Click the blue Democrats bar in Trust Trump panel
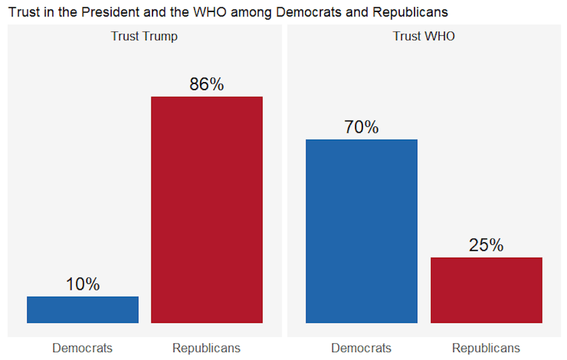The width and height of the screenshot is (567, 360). pyautogui.click(x=83, y=310)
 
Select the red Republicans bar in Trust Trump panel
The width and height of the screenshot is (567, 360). pyautogui.click(x=206, y=210)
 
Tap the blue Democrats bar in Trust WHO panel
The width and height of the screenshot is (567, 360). pyautogui.click(x=361, y=231)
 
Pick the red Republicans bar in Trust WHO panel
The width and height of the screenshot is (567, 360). pyautogui.click(x=486, y=290)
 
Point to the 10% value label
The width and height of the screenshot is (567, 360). pyautogui.click(x=83, y=284)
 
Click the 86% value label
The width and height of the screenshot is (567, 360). pyautogui.click(x=206, y=84)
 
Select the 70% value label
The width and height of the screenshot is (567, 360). pyautogui.click(x=361, y=128)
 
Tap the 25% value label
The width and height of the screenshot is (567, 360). pyautogui.click(x=486, y=245)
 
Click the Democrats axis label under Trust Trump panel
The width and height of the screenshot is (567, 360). pyautogui.click(x=83, y=348)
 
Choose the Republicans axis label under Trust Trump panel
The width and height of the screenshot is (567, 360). pyautogui.click(x=206, y=348)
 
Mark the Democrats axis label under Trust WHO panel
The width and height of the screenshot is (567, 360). pyautogui.click(x=361, y=348)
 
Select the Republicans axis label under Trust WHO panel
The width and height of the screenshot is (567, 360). pyautogui.click(x=486, y=348)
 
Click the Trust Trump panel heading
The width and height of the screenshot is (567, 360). pyautogui.click(x=144, y=36)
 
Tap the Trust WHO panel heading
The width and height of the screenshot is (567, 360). pyautogui.click(x=424, y=36)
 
